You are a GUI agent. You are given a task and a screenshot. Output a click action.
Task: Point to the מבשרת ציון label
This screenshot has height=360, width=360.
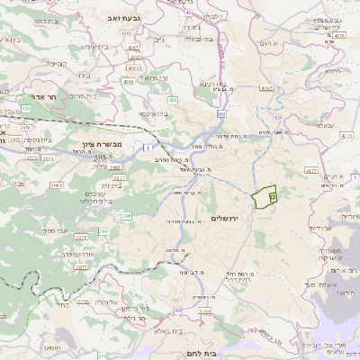[x=76, y=146]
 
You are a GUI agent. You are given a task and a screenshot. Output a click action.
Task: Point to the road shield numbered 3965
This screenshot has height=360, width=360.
[x=56, y=184]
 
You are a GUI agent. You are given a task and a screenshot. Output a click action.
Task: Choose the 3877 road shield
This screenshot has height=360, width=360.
[x=82, y=266]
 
